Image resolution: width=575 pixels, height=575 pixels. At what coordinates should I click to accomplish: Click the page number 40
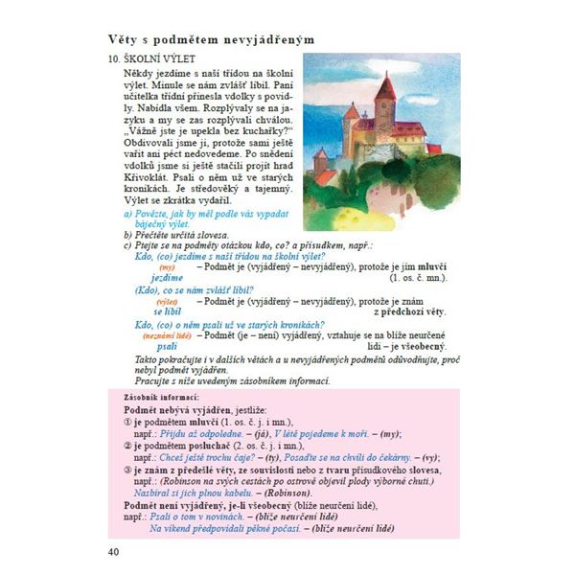pos(113,549)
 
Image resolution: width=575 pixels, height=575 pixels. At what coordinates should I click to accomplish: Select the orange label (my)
pos(167,267)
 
